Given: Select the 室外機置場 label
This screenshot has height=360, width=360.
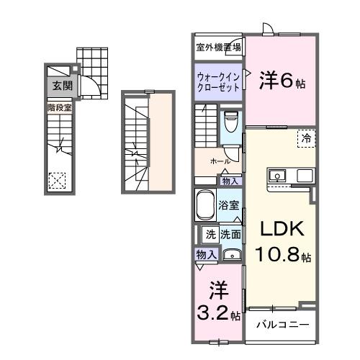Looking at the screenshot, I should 218,48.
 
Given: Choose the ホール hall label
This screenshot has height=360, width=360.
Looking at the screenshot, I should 220,161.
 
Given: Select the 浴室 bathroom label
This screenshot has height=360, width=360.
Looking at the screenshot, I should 229,204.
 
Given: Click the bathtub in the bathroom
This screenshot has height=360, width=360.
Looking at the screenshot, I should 207,207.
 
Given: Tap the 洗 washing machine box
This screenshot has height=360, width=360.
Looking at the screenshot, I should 210,233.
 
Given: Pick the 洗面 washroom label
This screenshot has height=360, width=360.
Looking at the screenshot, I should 230,233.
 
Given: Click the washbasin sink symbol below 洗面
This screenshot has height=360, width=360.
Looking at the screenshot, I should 231,254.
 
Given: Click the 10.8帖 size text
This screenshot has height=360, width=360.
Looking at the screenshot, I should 282,255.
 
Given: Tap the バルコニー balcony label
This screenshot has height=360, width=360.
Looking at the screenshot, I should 283,325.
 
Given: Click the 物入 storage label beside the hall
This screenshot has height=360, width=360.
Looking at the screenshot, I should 230,181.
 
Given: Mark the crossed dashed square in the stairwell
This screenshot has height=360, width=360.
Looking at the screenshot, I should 57,180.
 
